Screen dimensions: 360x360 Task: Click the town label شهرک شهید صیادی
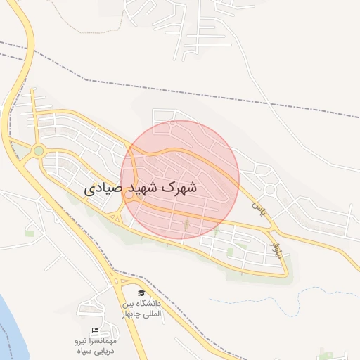point(141,188)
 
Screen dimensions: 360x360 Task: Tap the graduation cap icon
point(141,292)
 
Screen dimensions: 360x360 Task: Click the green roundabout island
point(38,150)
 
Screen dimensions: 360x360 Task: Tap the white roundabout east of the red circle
point(269,190)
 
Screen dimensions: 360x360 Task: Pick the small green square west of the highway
point(30,233)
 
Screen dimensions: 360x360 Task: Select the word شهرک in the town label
point(179,188)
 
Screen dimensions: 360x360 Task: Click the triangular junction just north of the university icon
point(116,281)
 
